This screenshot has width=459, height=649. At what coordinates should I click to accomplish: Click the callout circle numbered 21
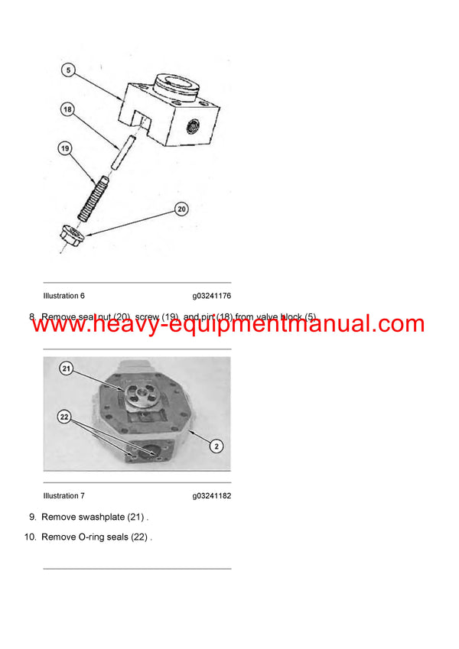(x=66, y=369)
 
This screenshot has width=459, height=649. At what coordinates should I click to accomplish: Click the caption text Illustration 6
(x=64, y=296)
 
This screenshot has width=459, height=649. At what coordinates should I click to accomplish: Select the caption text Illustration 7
(x=64, y=496)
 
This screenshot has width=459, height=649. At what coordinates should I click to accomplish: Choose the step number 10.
(x=30, y=537)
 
